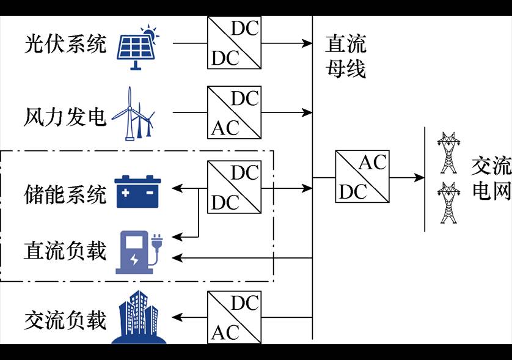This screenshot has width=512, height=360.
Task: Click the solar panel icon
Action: [x=138, y=45]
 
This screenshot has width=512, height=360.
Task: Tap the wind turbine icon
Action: [x=137, y=114]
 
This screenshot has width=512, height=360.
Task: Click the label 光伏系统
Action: [x=65, y=44]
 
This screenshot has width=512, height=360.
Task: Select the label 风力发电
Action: [x=65, y=114]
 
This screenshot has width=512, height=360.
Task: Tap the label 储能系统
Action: [x=65, y=194]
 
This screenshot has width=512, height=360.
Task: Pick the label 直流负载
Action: [x=65, y=251]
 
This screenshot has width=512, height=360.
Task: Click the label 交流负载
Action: [x=65, y=320]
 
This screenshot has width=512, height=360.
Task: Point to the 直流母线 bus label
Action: [x=345, y=57]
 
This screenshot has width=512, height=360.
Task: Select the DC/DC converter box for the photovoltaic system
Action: [x=234, y=43]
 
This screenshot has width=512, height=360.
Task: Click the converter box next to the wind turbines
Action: [x=234, y=112]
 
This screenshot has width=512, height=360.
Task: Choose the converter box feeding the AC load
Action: [x=234, y=317]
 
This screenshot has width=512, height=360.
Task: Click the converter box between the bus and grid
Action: [x=362, y=177]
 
